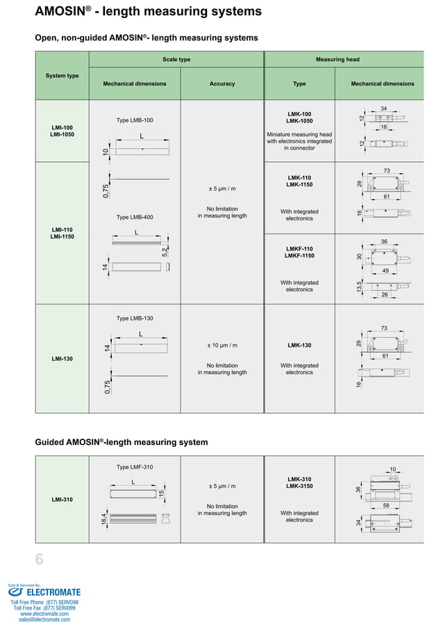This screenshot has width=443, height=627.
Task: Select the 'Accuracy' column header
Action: [x=221, y=84]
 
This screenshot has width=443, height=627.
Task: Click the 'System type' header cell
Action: [x=62, y=76]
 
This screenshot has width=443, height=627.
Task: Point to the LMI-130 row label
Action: [x=62, y=359]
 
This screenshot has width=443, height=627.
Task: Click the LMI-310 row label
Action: [x=62, y=499]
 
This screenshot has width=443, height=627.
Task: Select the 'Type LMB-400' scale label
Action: [x=134, y=217]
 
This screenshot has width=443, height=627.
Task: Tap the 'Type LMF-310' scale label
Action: [x=134, y=466]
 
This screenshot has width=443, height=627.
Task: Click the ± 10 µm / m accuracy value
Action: [x=221, y=345]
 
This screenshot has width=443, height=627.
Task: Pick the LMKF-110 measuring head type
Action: [x=299, y=252]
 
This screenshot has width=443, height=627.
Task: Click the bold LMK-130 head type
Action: [x=299, y=345]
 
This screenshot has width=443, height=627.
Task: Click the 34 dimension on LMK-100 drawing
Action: [x=384, y=109]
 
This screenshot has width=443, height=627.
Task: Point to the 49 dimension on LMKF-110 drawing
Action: [x=385, y=270]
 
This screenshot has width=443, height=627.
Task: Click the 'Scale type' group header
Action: [x=176, y=60]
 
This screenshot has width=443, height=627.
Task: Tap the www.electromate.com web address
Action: [x=44, y=614]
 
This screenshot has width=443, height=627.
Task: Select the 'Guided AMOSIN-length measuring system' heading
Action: [x=122, y=442]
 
